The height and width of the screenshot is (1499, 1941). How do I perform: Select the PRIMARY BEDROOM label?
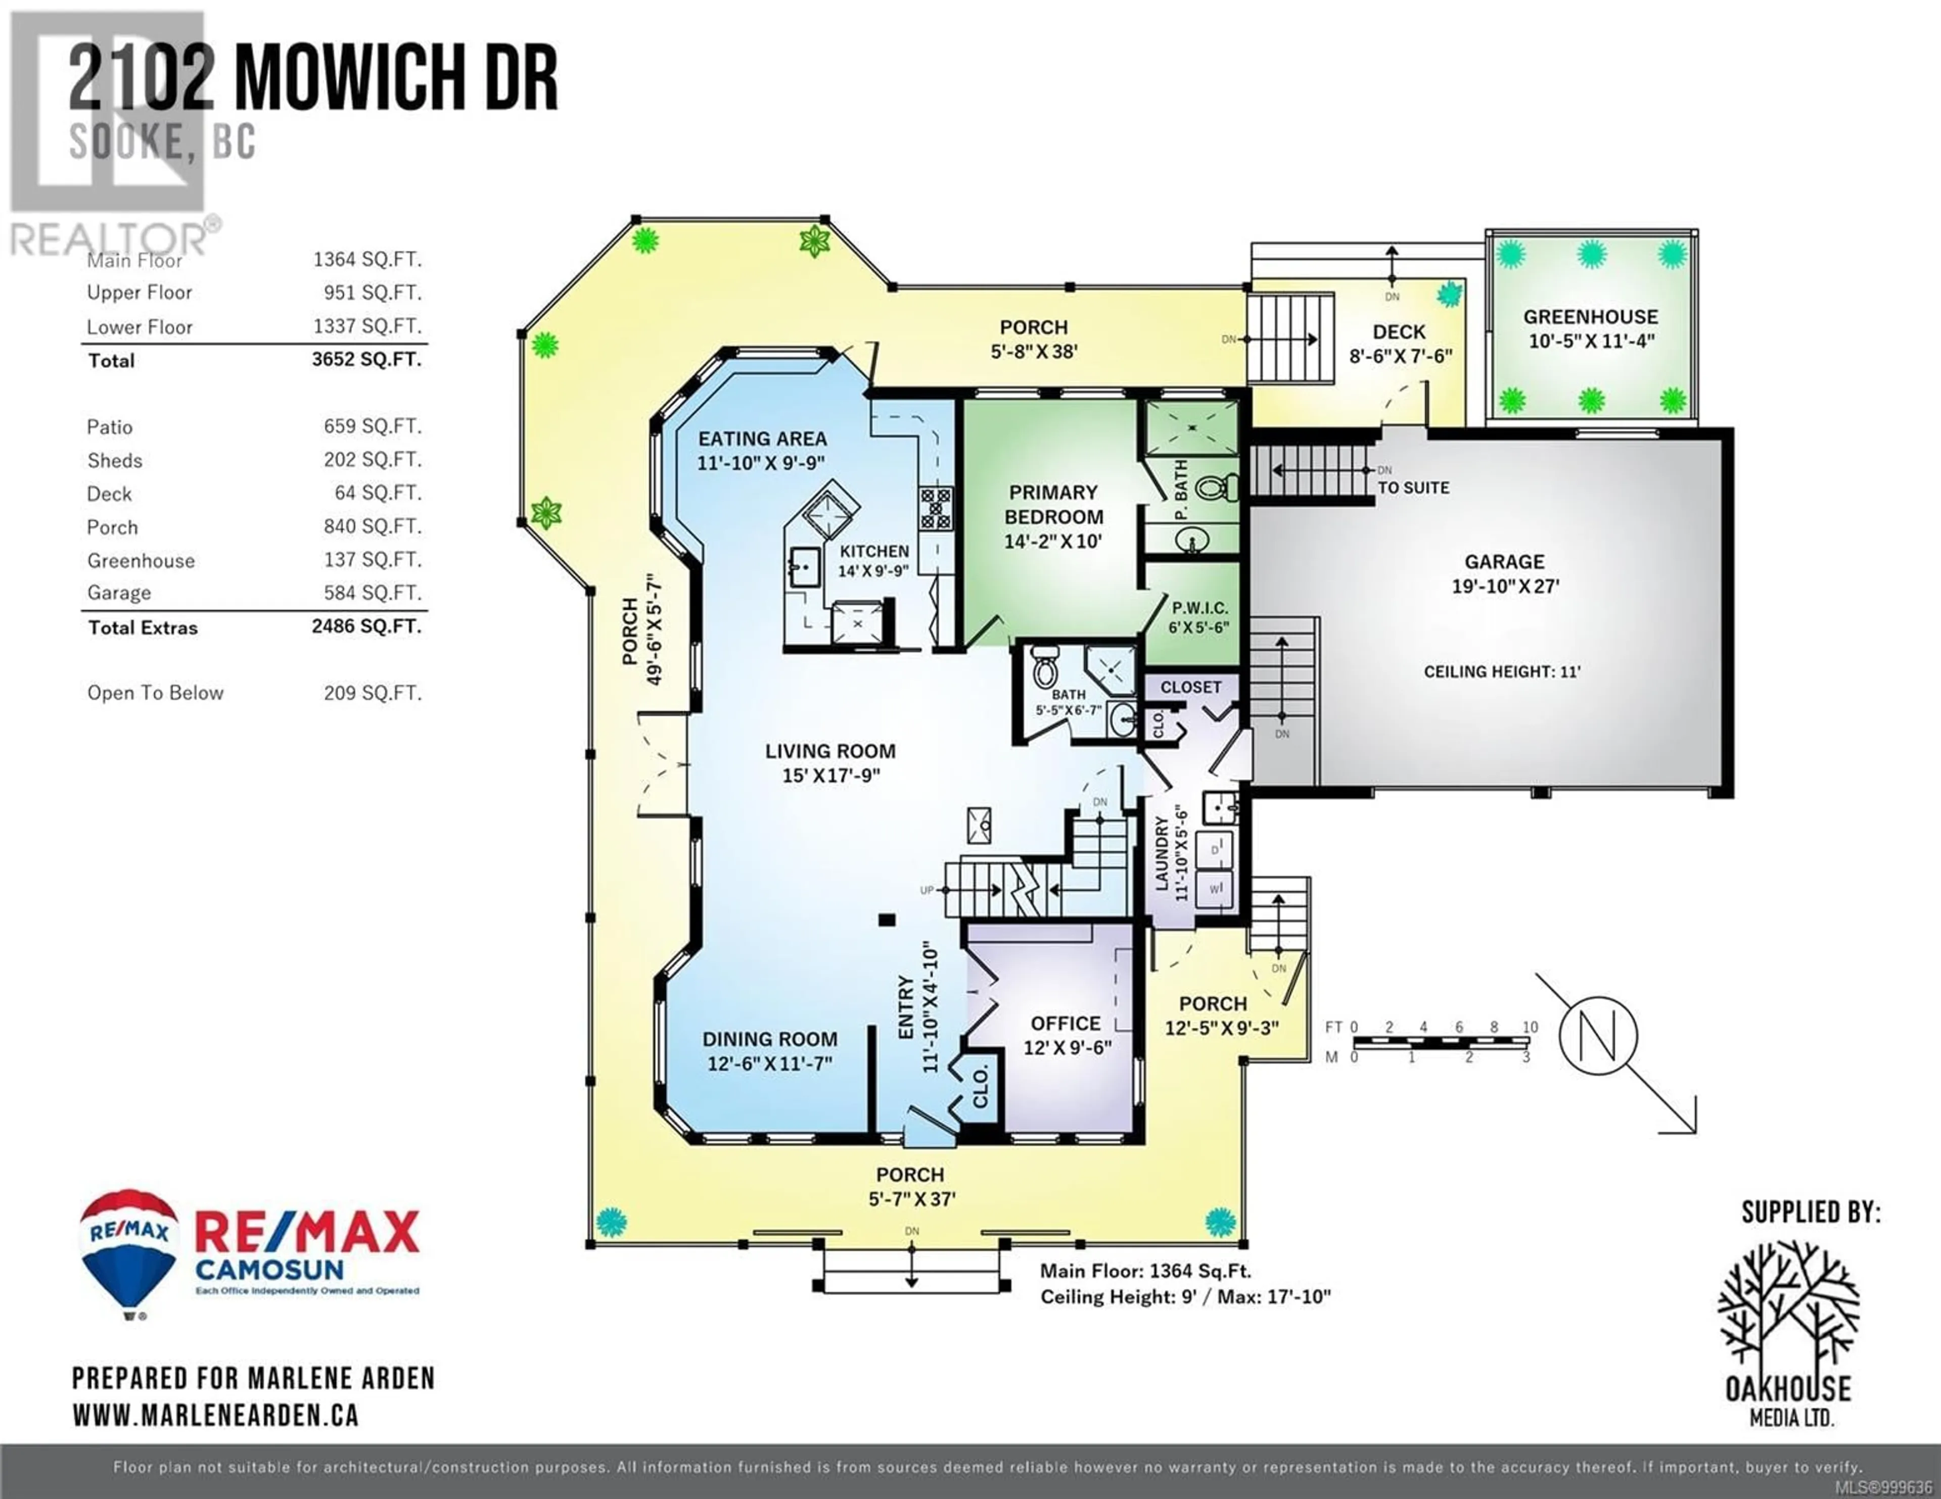[1053, 505]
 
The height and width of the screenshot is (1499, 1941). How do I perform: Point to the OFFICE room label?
[1066, 1024]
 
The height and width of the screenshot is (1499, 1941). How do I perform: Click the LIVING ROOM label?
[830, 751]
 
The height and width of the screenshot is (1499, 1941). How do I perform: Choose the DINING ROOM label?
[770, 1039]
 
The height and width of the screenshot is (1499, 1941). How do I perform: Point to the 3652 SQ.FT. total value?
[366, 359]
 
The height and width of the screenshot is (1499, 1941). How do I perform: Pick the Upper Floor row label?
[140, 293]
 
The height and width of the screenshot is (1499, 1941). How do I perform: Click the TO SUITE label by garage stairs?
[1413, 488]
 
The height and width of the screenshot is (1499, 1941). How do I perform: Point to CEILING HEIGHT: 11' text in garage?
[1502, 672]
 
